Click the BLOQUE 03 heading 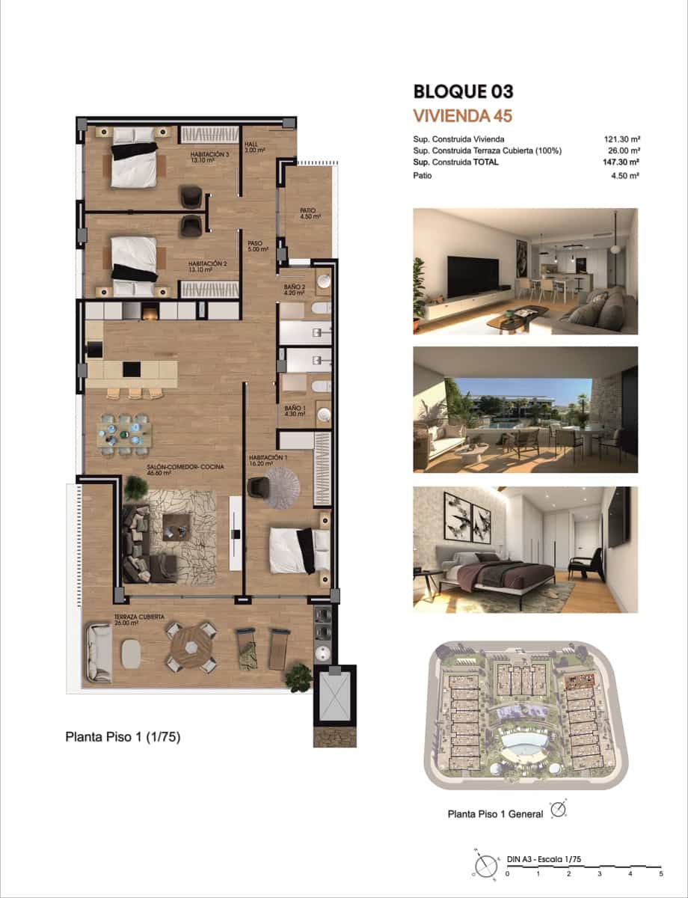point(463,92)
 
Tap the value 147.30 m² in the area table point(622,161)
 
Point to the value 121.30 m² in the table point(622,139)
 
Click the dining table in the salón point(124,433)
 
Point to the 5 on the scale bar point(660,873)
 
